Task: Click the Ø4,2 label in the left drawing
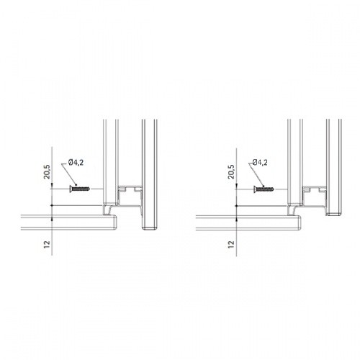click(76, 163)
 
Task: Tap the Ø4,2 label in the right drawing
click(260, 163)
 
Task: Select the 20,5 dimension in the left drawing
click(47, 172)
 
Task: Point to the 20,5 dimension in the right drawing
click(231, 172)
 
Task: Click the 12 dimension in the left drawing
click(47, 244)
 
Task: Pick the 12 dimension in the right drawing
click(231, 244)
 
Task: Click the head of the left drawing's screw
click(71, 189)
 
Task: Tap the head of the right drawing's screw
click(255, 189)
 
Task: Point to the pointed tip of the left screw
click(89, 189)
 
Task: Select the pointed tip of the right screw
click(274, 189)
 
